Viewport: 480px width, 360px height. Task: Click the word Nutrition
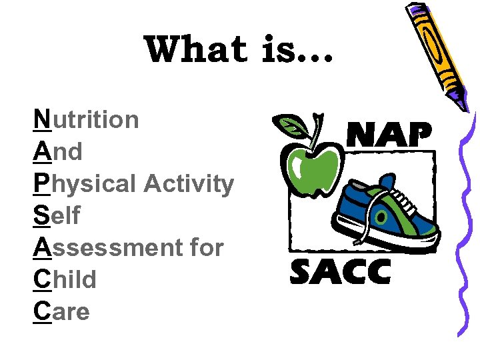87,120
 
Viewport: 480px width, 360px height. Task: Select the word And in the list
58,152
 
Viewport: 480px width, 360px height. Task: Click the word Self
57,215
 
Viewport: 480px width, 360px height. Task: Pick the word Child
65,279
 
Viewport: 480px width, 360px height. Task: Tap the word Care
61,311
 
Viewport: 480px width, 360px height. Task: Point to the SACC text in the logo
340,272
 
